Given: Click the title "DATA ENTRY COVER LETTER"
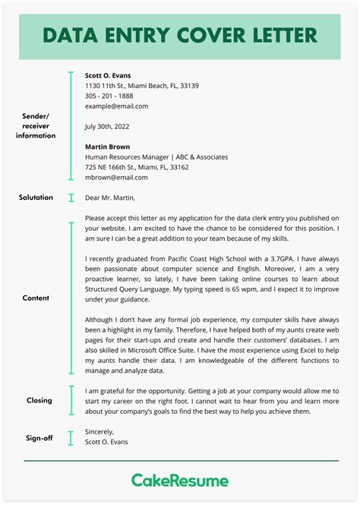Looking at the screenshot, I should point(180,35).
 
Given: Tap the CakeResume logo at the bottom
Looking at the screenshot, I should point(180,481).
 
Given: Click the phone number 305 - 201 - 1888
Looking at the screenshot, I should point(109,96).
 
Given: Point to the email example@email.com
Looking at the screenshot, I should point(117,106).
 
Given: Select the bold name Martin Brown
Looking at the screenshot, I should point(107,147).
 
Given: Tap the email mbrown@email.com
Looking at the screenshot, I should point(116,177).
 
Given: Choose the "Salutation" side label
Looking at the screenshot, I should point(36,197).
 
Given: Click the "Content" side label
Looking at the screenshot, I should point(36,298).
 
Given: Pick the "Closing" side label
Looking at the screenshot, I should point(39,400).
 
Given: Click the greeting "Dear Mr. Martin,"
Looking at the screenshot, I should point(110,198).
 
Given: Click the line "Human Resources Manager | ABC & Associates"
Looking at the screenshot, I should point(156,157).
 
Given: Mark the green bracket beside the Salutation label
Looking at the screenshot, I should point(71,198).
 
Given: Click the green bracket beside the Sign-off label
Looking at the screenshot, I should point(71,437).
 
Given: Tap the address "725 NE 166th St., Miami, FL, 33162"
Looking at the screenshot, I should point(137,167).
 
